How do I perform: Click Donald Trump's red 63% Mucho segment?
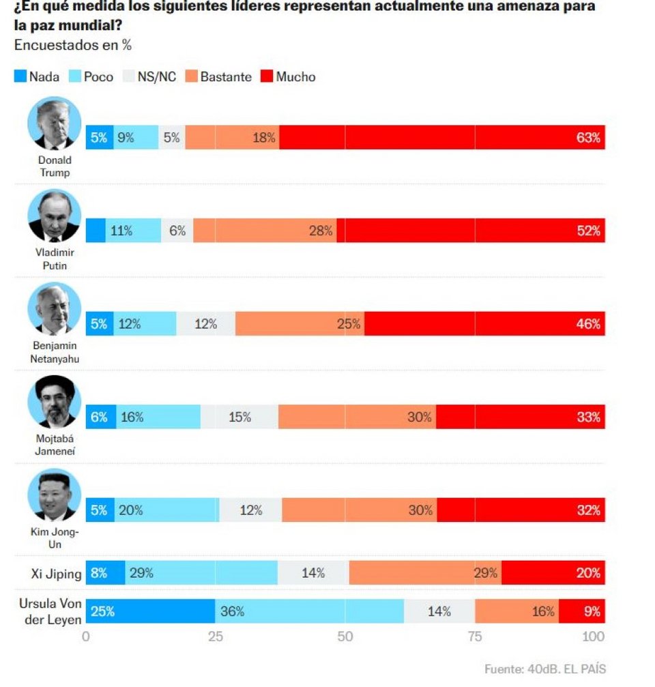(442, 138)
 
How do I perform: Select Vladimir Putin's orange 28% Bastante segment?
(265, 231)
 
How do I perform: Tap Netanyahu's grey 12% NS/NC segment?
(205, 324)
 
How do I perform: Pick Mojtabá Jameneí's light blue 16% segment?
(158, 417)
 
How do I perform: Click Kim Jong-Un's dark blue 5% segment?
(100, 510)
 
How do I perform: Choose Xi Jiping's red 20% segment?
(553, 573)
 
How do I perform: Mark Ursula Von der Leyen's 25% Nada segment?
(150, 611)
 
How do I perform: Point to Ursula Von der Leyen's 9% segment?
(582, 611)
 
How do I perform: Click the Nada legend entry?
(37, 76)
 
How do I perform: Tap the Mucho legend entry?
(288, 76)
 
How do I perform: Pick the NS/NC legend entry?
(149, 76)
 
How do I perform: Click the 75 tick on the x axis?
(475, 637)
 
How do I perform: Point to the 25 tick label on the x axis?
(216, 637)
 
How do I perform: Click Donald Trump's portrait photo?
(55, 123)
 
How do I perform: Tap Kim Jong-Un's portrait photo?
(55, 495)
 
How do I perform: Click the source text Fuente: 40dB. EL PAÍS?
(544, 669)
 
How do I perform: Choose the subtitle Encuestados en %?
(72, 46)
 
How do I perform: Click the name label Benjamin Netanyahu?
(55, 352)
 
